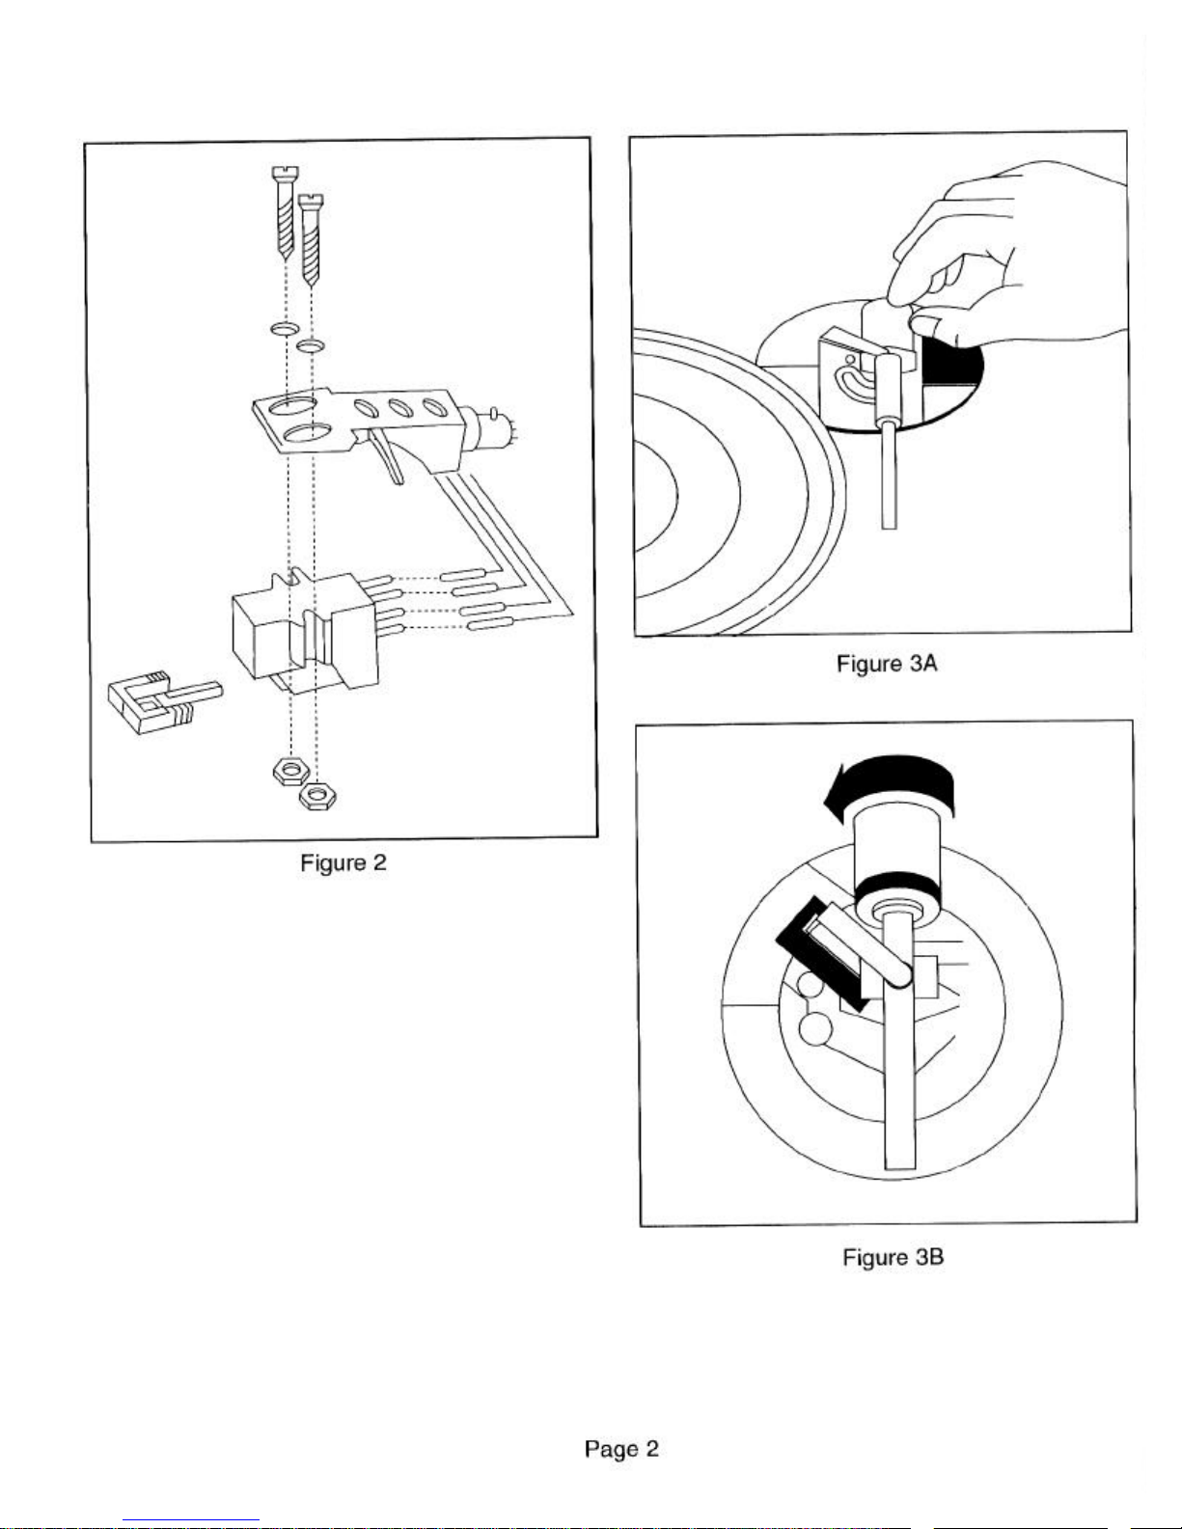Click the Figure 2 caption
pos(344,863)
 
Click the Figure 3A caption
pos(887,664)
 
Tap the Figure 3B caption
pos(893,1257)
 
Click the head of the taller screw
pos(285,172)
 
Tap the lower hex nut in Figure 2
pos(316,797)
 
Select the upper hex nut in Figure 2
pos(289,772)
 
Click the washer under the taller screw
pos(284,329)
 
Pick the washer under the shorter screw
pos(311,345)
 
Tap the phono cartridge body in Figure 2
pos(306,630)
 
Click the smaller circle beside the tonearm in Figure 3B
pos(811,985)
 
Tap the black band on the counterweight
pos(898,884)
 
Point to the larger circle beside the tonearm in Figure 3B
pos(816,1029)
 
